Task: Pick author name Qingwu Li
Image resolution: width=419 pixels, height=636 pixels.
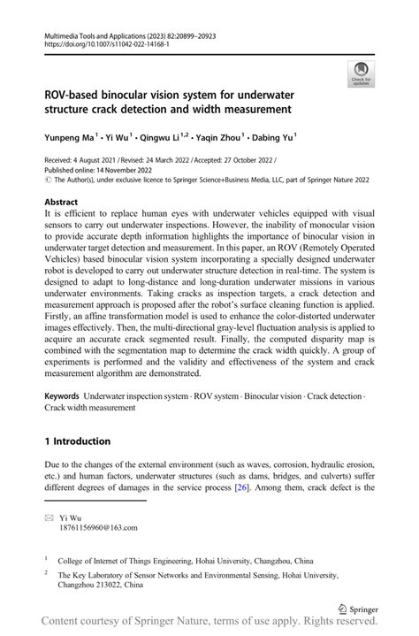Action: (156, 138)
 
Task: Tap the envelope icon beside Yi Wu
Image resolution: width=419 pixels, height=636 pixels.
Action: (49, 517)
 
